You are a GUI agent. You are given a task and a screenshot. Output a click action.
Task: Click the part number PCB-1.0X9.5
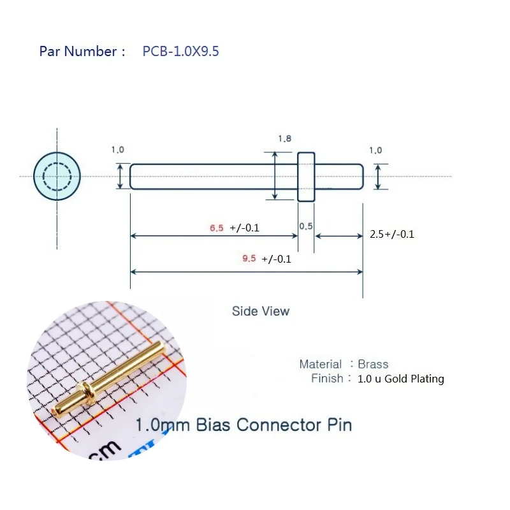180,52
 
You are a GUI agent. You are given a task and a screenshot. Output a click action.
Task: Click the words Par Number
78,52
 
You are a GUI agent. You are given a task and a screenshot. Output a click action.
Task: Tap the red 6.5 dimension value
217,228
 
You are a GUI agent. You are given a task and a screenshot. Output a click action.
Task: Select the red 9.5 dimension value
249,259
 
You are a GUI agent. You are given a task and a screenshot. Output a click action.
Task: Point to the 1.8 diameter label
285,138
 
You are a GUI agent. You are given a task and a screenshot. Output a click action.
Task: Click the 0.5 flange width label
306,227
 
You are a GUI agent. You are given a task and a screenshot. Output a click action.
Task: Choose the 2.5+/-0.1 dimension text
392,234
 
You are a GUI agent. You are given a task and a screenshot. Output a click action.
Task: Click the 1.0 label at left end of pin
118,150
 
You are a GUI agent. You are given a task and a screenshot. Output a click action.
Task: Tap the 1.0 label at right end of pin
375,150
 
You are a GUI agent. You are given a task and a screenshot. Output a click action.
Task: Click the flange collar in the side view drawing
307,177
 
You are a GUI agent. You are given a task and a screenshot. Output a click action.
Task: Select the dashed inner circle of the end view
57,177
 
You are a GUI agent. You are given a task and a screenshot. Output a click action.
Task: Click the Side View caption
260,311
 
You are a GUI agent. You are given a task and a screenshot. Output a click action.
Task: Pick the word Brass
373,364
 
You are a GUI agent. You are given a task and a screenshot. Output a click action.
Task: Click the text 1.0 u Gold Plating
401,379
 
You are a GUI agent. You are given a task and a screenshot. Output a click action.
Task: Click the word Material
321,364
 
